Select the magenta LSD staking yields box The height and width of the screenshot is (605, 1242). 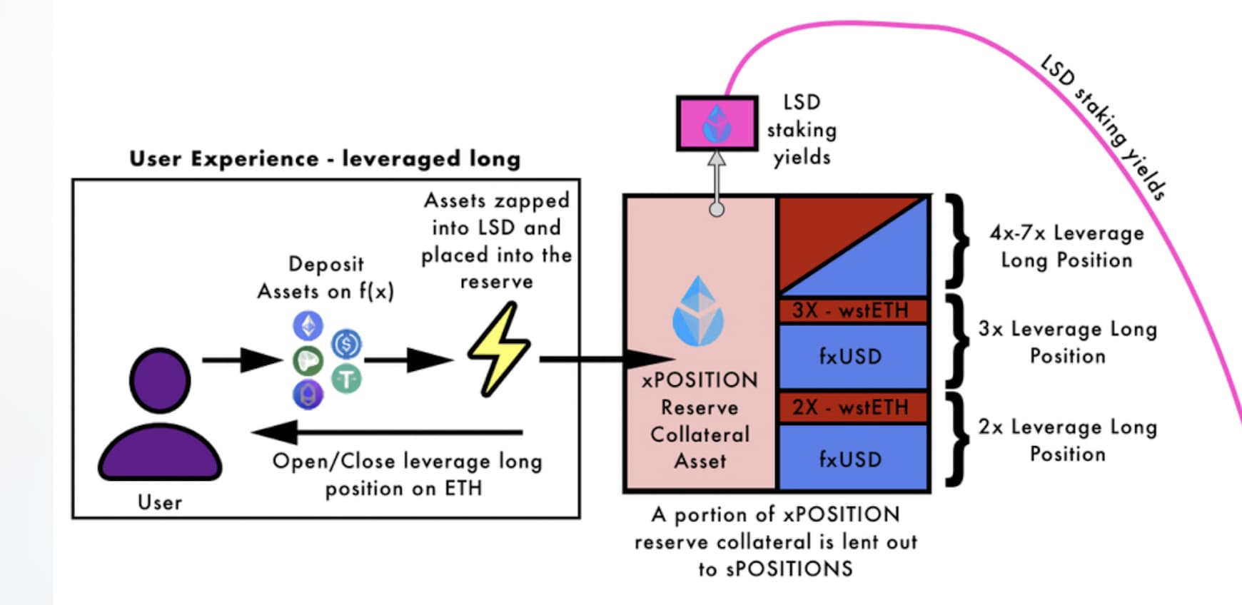717,123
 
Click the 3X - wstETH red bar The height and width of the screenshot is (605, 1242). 852,310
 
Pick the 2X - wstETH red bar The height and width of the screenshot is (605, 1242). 852,407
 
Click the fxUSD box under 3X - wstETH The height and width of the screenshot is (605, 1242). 852,356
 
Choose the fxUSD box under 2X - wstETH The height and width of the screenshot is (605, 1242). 852,458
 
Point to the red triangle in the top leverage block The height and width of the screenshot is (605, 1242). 821,228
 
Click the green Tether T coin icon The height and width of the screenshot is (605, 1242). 347,378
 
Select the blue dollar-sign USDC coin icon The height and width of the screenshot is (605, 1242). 347,344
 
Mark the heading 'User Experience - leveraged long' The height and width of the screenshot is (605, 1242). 325,158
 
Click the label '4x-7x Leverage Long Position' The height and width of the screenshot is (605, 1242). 1066,246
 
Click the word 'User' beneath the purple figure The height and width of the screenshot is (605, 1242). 160,502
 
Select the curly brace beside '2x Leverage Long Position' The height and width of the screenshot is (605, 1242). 958,439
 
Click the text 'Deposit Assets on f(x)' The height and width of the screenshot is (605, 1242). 325,278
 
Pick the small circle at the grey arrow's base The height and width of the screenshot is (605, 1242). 717,209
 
